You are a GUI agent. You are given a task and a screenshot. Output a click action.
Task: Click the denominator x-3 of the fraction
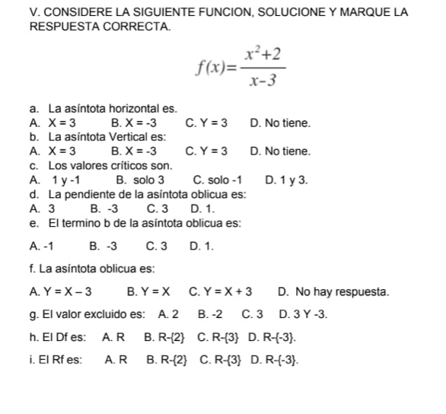(x=262, y=78)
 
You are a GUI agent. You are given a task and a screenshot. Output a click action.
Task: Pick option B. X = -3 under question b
(x=133, y=151)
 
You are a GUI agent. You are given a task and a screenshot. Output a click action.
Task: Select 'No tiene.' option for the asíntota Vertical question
(x=279, y=151)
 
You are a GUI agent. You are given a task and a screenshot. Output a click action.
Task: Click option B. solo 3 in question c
(x=140, y=180)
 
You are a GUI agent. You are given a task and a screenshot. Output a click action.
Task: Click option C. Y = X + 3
(x=220, y=291)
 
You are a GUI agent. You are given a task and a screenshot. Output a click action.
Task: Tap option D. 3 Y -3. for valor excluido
(x=304, y=314)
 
